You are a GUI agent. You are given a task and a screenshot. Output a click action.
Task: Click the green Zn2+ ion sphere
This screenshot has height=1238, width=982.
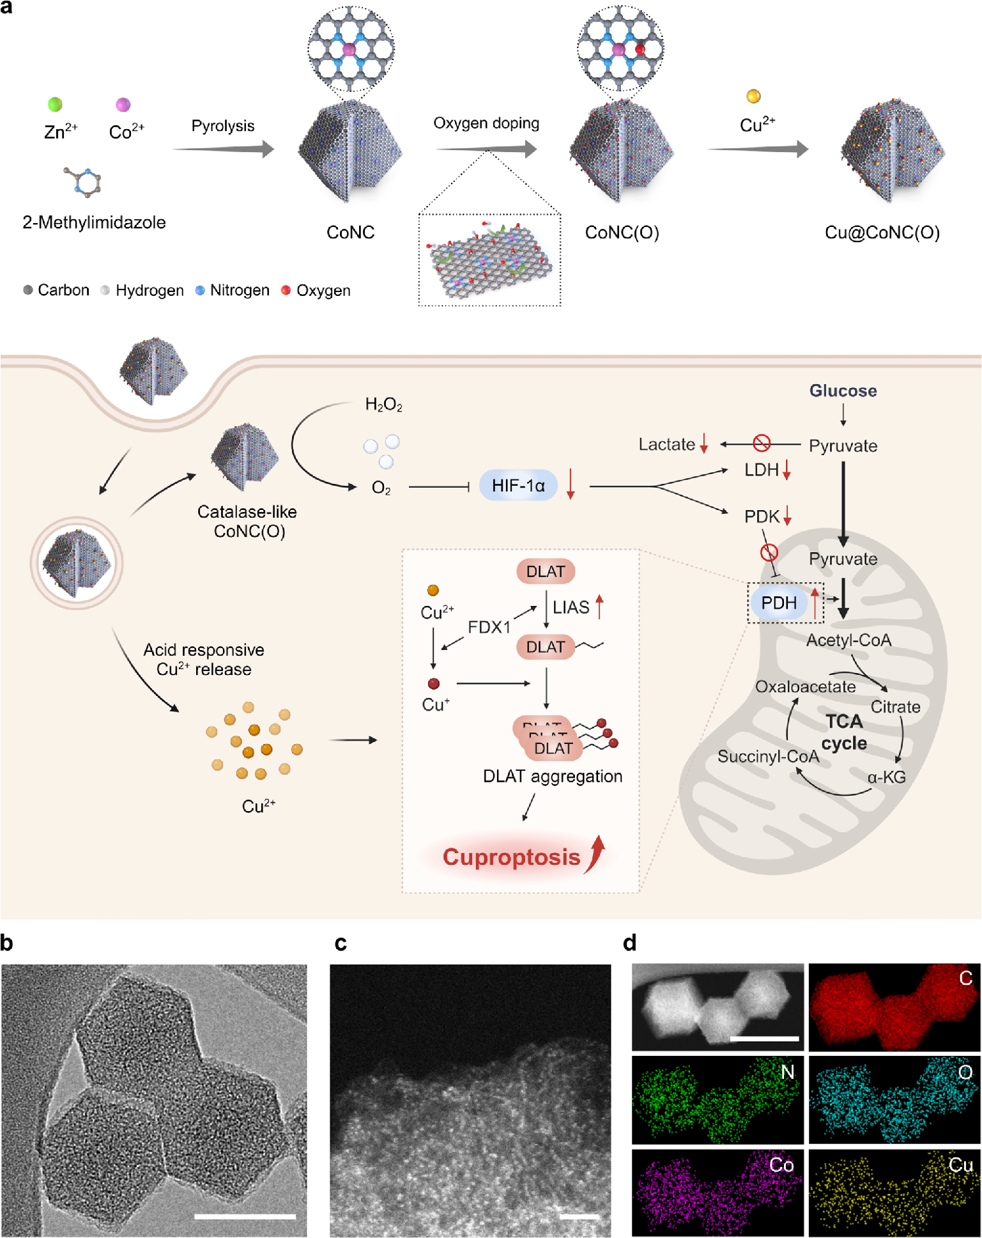pos(55,104)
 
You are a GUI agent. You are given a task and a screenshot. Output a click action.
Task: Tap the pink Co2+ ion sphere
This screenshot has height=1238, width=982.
pos(123,104)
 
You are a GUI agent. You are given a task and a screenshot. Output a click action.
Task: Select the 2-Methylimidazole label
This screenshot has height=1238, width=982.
pos(94,222)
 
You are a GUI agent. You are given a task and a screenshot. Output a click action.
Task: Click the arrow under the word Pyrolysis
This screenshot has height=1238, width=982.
pos(224,150)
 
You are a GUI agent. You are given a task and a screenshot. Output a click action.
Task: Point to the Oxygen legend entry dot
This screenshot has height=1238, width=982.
pos(286,290)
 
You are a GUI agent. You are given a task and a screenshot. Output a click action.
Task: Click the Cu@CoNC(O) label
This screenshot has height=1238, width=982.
pos(882,232)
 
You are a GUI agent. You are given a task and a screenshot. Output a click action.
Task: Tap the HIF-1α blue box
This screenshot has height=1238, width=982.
pos(518,486)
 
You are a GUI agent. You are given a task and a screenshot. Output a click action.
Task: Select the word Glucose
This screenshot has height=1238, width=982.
pos(843,391)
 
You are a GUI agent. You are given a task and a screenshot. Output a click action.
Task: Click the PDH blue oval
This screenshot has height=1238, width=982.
pos(779,603)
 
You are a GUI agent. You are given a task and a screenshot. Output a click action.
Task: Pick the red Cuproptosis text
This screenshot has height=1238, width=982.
pos(511,857)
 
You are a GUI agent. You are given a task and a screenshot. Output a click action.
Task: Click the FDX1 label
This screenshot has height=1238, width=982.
pos(489,627)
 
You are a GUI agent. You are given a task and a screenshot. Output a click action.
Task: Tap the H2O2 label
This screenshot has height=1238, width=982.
pos(383,405)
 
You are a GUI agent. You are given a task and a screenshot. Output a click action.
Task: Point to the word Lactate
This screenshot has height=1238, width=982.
pos(666,444)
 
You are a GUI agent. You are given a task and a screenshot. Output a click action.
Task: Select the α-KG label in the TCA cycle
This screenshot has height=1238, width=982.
pos(886,777)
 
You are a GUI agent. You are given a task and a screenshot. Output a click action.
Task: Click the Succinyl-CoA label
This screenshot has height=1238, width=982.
pos(768,757)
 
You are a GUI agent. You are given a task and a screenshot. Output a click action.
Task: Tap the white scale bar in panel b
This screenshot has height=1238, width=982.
pos(245,1216)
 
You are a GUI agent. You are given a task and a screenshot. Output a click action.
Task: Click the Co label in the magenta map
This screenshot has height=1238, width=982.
pos(781,1164)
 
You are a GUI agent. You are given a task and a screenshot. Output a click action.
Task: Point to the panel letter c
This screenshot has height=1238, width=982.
pos(341,943)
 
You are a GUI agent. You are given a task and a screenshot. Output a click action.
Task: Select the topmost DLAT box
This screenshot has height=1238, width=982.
pos(546,571)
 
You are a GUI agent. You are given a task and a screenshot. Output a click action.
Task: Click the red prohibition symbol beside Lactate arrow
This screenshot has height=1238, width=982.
pos(761,443)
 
